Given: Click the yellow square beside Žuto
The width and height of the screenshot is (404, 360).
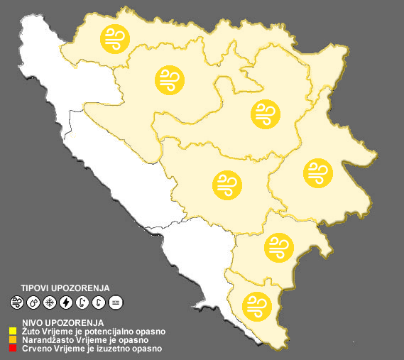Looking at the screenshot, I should coord(13,331).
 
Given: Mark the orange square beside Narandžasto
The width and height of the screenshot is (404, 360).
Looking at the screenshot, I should coord(13,340).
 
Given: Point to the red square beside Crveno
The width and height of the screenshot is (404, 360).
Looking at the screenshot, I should coord(13,349).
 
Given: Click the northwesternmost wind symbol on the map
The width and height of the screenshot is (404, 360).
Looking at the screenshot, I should coord(114,38).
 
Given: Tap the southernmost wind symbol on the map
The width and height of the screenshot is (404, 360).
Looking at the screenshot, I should coord(256,306).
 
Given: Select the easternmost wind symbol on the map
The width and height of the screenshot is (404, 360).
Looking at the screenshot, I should coord(317,173).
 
